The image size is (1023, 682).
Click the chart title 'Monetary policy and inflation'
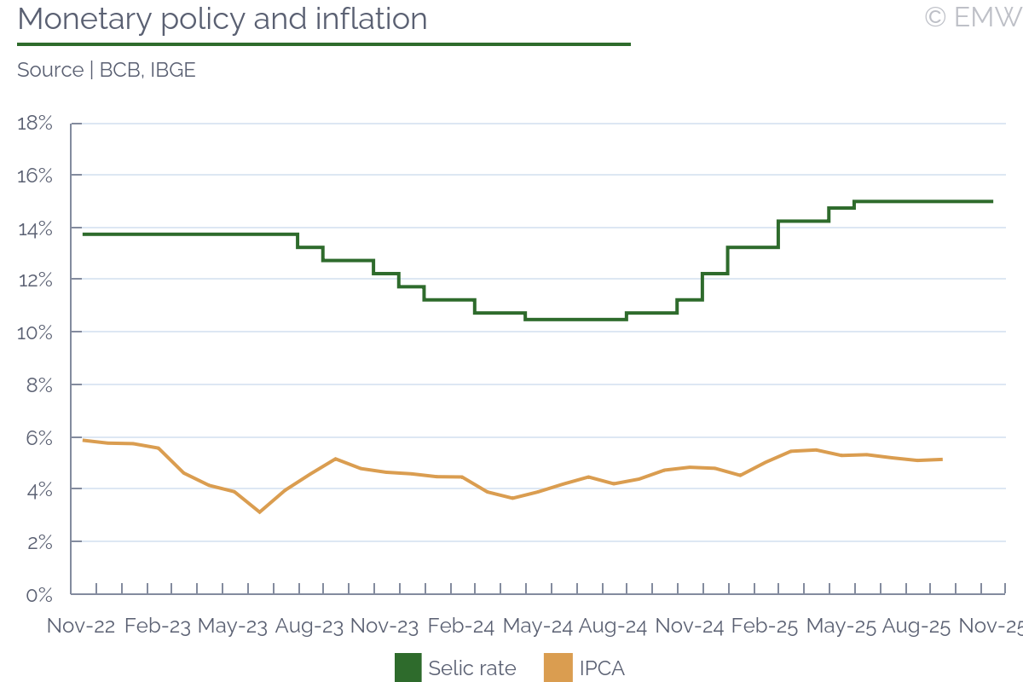(x=222, y=19)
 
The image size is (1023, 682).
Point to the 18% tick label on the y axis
(x=35, y=123)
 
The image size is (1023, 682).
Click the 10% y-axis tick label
(x=35, y=332)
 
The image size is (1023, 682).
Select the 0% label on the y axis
(x=39, y=595)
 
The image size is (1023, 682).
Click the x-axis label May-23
(x=232, y=627)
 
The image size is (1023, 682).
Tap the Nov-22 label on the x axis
(x=81, y=627)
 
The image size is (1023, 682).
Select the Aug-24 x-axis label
(x=613, y=627)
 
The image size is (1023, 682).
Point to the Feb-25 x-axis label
(x=765, y=627)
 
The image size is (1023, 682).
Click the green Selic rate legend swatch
(x=407, y=668)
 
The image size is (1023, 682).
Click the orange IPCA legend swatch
(x=558, y=668)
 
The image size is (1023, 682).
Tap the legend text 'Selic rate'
(x=472, y=668)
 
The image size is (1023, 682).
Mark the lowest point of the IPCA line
(x=260, y=511)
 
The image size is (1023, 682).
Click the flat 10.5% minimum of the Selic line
(x=576, y=319)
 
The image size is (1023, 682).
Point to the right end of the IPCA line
(x=941, y=459)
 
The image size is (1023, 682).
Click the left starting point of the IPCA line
(x=84, y=440)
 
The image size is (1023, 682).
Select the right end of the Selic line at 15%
(x=992, y=201)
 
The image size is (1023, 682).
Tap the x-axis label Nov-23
(x=385, y=627)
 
